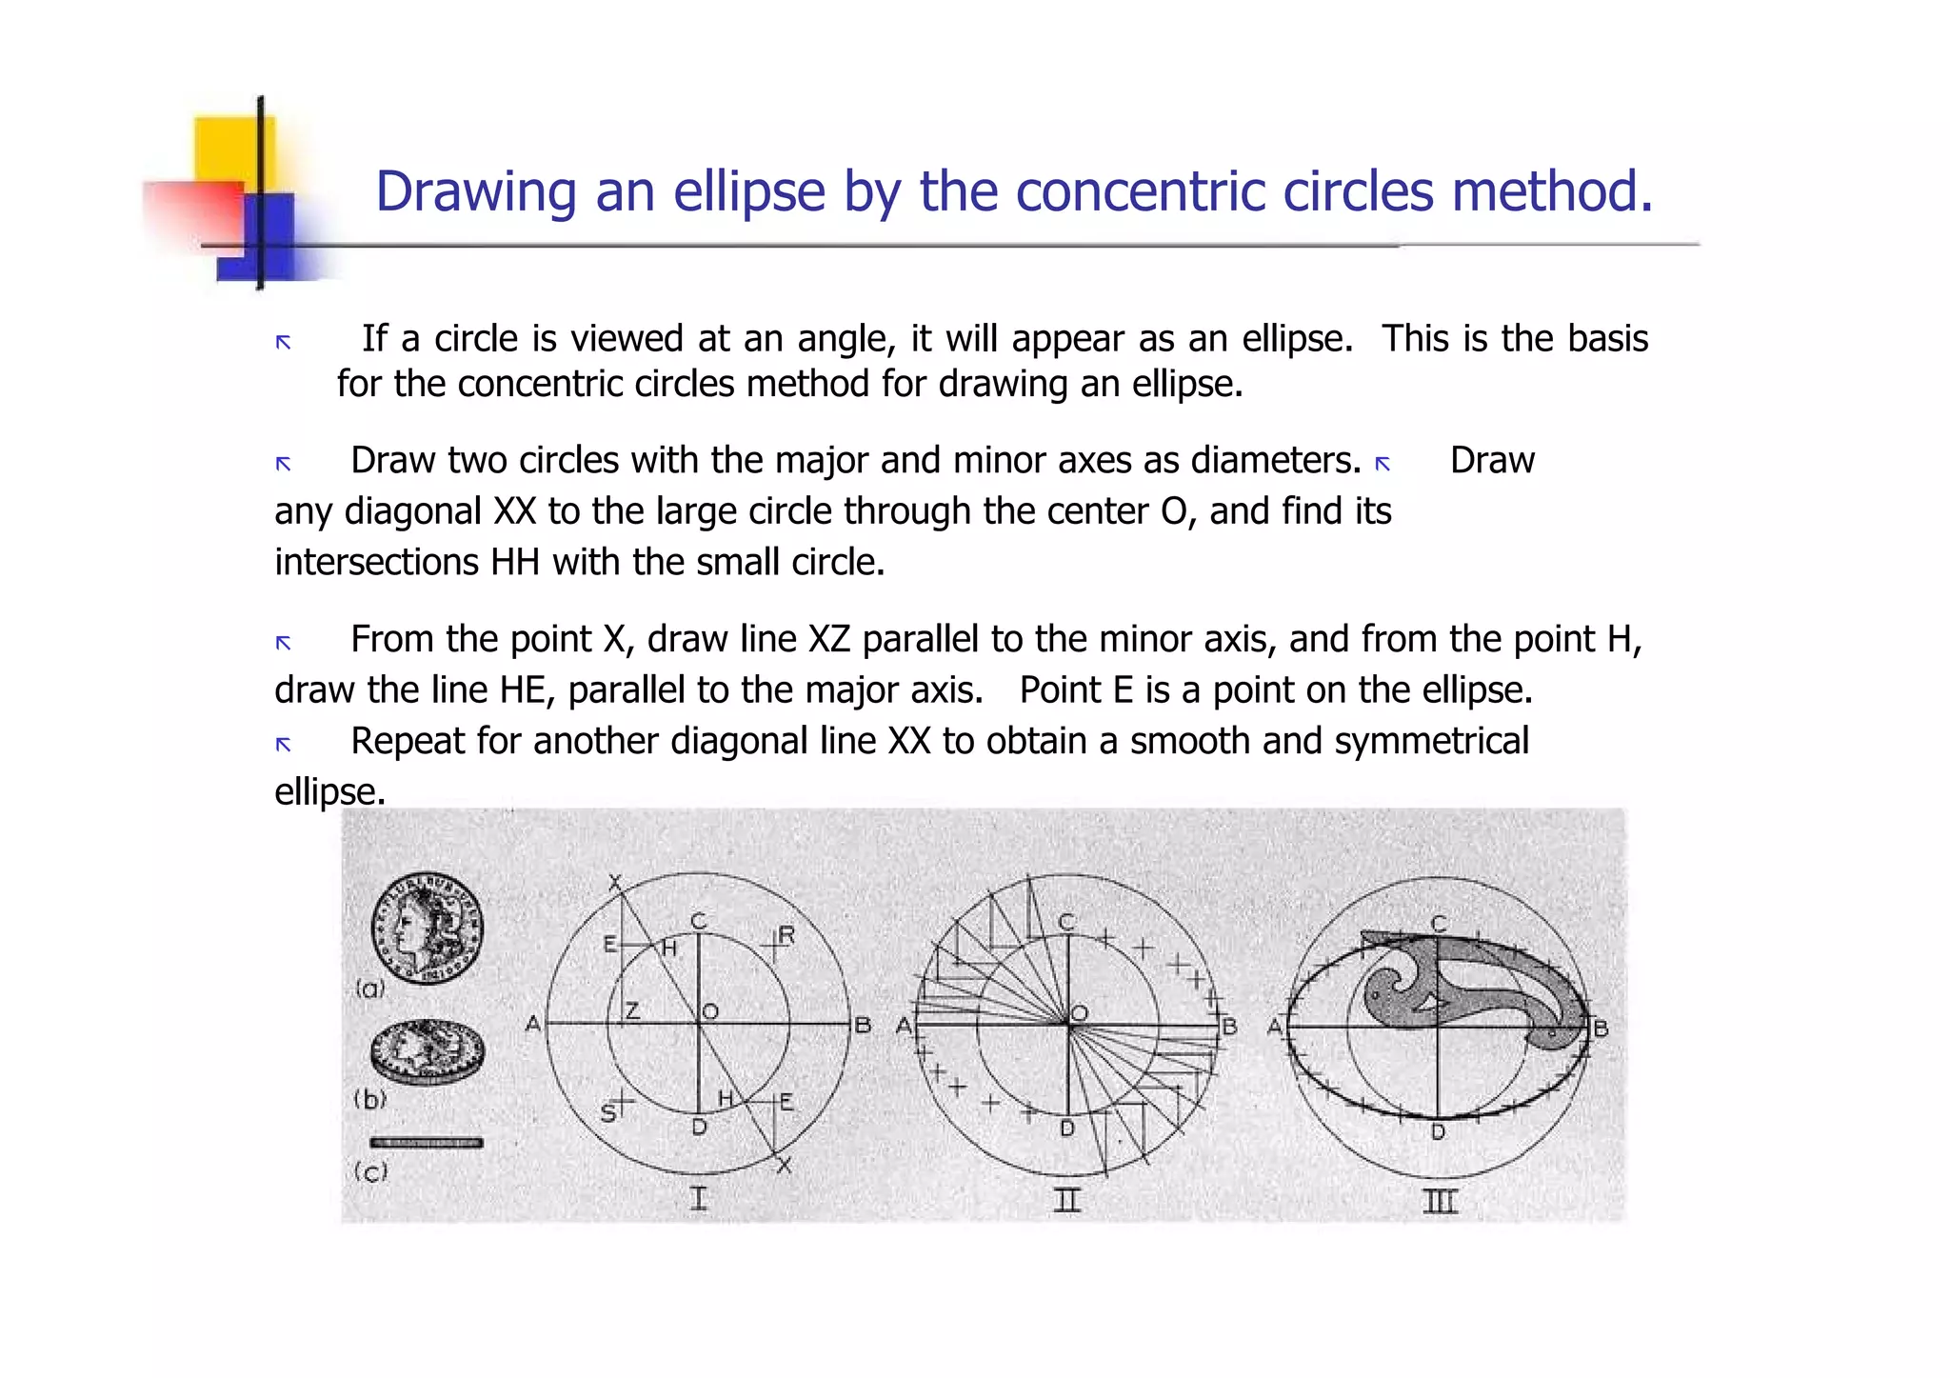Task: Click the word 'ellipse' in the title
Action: click(749, 192)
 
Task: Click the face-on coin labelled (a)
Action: click(427, 928)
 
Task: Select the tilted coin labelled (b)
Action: click(427, 1052)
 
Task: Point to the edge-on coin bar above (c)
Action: click(427, 1142)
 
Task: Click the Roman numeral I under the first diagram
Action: click(699, 1198)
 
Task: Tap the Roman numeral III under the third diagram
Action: click(1440, 1202)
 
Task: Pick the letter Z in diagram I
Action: click(631, 1011)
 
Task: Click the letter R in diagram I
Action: click(786, 935)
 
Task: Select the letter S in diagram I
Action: click(608, 1113)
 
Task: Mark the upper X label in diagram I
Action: click(615, 882)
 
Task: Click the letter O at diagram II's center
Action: click(1080, 1013)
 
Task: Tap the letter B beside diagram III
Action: click(1602, 1029)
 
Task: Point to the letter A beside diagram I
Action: click(533, 1025)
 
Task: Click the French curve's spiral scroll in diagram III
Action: click(1390, 990)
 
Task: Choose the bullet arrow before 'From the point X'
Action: click(283, 643)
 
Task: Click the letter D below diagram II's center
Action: click(1067, 1128)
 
